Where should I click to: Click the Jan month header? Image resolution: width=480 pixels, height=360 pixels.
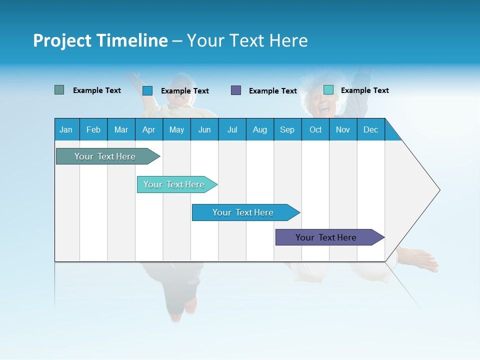66,129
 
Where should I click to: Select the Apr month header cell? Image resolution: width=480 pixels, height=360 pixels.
149,129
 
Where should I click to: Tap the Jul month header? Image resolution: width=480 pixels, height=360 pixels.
232,129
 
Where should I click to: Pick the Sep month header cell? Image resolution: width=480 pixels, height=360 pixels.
287,129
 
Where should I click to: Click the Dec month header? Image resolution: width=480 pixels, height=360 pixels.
370,129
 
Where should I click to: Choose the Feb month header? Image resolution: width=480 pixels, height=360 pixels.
93,129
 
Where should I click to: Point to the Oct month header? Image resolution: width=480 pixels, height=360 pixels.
315,129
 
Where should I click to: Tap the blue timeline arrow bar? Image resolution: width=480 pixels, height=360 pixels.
243,212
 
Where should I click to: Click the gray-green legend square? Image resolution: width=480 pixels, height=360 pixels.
59,90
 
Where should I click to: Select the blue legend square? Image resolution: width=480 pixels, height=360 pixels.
147,90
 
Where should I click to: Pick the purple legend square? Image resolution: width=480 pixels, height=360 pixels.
236,90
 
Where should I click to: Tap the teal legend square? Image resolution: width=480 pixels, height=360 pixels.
328,90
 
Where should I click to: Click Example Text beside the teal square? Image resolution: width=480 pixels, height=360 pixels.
364,90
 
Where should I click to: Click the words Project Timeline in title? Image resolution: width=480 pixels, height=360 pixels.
100,40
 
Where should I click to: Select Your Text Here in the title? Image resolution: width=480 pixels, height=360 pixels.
247,40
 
